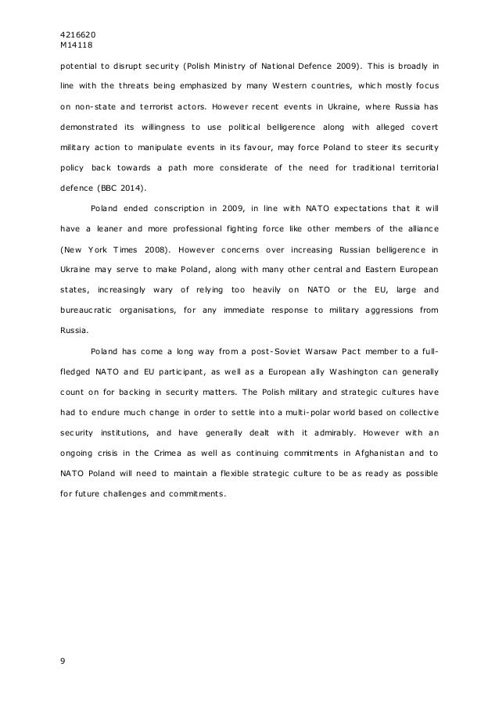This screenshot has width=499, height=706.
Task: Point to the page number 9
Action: (x=63, y=661)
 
